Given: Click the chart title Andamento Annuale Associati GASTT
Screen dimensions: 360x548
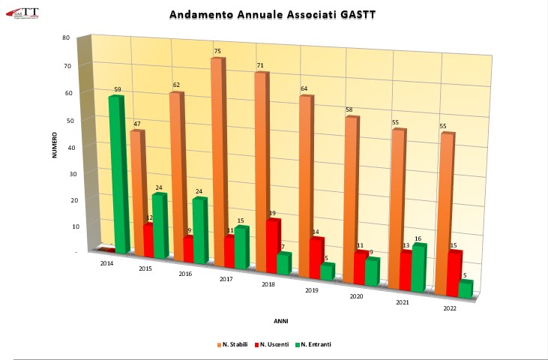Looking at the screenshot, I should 274,14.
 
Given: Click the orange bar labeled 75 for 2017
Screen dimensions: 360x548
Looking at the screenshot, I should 217,157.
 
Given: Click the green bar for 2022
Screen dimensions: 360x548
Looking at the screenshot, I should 465,289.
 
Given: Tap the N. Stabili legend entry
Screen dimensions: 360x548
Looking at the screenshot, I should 233,344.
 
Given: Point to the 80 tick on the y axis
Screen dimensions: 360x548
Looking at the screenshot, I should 67,38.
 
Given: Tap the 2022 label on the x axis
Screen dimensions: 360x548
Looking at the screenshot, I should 450,308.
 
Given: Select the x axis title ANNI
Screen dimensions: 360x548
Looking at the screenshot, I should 280,320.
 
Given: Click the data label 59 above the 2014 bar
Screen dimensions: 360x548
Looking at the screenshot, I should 118,90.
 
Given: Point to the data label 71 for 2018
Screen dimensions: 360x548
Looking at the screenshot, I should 259,66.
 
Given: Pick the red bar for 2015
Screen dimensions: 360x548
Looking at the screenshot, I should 148,240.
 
